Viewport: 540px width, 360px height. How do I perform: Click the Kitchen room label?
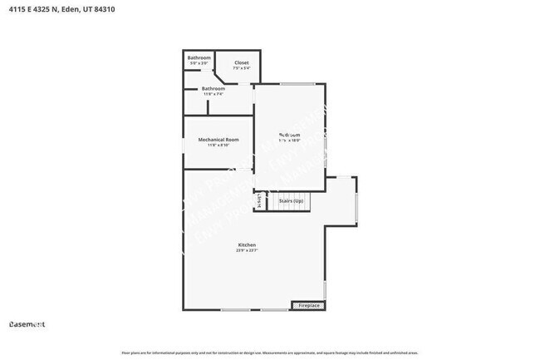[x=246, y=244]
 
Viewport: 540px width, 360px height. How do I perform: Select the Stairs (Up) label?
[x=290, y=201]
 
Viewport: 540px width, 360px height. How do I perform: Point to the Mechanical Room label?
[x=218, y=139]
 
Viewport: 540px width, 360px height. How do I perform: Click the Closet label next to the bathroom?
[x=241, y=62]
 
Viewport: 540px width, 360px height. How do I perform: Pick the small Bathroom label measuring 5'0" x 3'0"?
[x=199, y=57]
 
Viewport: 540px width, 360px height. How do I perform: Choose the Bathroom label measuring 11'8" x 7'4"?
[x=214, y=88]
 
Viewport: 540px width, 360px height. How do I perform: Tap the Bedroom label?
[x=289, y=135]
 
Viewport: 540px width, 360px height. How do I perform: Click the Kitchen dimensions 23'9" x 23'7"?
[x=246, y=250]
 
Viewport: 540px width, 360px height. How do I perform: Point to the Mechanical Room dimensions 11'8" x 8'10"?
[x=218, y=145]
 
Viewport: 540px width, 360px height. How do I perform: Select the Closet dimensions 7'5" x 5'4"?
[x=241, y=68]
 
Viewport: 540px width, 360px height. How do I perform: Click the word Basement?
[x=27, y=323]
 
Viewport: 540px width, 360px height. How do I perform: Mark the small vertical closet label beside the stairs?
[x=260, y=200]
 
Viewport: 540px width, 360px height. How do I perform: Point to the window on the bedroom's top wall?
[x=297, y=83]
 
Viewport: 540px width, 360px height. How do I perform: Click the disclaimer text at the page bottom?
[x=270, y=353]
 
